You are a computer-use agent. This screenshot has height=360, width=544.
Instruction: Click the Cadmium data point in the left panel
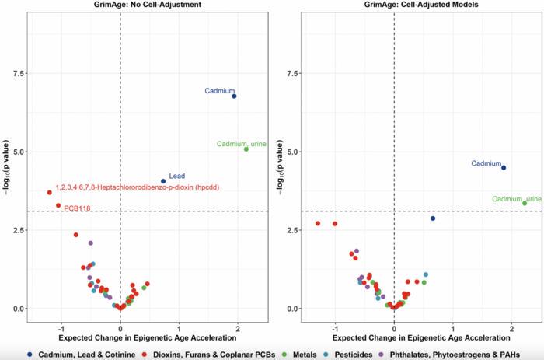[234, 96]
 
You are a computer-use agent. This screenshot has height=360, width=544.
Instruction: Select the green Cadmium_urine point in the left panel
[246, 149]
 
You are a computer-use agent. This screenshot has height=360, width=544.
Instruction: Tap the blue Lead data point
[163, 181]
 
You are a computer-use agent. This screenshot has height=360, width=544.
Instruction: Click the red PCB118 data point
[58, 205]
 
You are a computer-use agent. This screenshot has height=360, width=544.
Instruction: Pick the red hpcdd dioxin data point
[50, 192]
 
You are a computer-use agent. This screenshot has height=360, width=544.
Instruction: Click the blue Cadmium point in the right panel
[504, 168]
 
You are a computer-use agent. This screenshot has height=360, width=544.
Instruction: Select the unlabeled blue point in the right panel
[433, 218]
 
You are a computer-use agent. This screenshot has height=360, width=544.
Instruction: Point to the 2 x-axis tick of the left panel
[238, 328]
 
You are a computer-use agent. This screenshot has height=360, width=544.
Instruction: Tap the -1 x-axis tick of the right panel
[335, 328]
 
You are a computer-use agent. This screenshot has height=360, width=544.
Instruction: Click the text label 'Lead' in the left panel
[176, 177]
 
